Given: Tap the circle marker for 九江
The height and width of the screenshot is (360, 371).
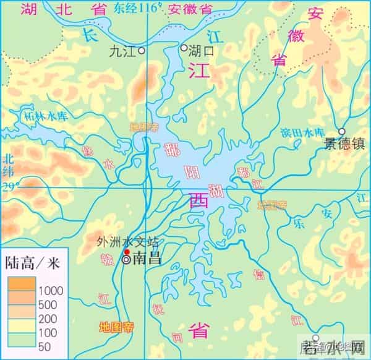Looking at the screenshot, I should (142, 50).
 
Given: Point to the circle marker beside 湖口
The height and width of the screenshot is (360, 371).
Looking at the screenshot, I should (184, 48).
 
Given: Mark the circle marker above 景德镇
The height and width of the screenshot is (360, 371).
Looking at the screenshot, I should (342, 131).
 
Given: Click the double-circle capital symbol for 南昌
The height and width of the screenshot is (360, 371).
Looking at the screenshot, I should (127, 260).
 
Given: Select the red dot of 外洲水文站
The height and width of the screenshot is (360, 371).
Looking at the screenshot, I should (127, 252).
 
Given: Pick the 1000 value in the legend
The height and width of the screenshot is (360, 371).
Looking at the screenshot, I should (52, 290).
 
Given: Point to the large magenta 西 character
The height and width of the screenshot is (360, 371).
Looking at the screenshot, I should (199, 201).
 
